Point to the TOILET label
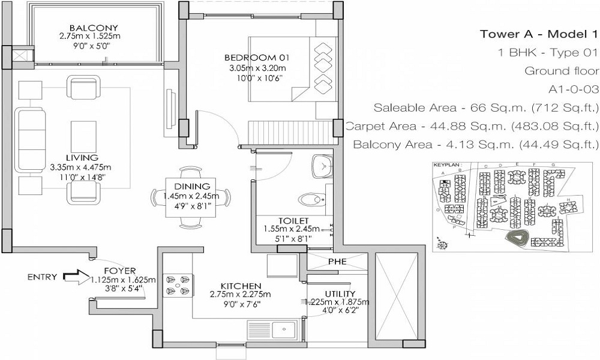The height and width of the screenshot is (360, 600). point(293,220)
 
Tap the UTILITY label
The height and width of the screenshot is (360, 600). point(337,293)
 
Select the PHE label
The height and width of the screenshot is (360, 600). point(337,262)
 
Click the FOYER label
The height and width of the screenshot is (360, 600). point(119,271)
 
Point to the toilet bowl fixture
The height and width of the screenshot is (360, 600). point(311,199)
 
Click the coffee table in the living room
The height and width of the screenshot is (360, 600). point(83,134)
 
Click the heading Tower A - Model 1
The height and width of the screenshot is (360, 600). point(539,34)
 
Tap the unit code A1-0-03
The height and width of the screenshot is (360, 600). point(574,89)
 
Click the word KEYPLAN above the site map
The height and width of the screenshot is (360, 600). point(445,163)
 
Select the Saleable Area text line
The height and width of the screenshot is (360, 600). point(486,108)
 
